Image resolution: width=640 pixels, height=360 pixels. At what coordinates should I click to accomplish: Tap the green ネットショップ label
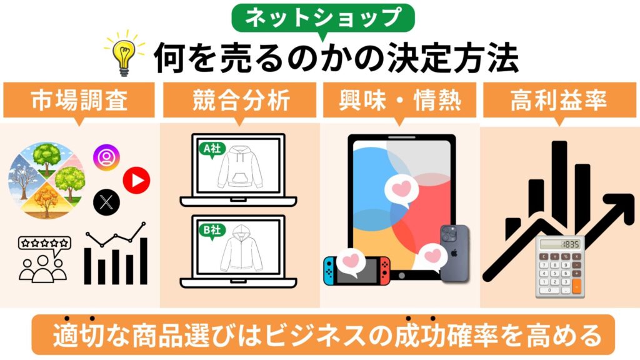[x=323, y=17]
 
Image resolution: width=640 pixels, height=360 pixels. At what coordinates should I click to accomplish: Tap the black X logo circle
[x=106, y=202]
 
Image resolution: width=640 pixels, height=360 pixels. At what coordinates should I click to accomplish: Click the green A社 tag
[x=209, y=149]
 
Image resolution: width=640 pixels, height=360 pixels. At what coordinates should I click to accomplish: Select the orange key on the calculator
[x=576, y=286]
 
